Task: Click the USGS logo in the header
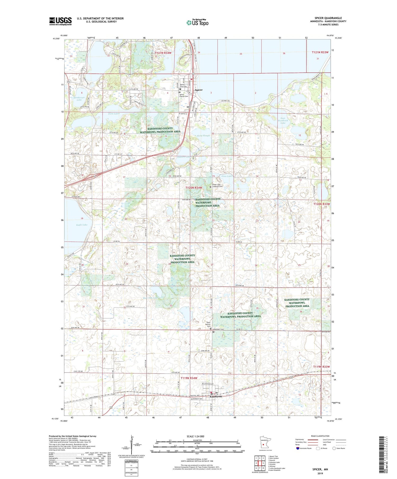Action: [60, 21]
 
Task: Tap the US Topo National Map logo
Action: [197, 22]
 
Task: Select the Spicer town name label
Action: [198, 90]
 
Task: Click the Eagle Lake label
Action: [82, 225]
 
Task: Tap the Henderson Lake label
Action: [79, 99]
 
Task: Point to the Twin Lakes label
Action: [114, 114]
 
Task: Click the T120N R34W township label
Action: [193, 188]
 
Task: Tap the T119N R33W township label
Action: [322, 367]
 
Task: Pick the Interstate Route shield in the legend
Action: [298, 448]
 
